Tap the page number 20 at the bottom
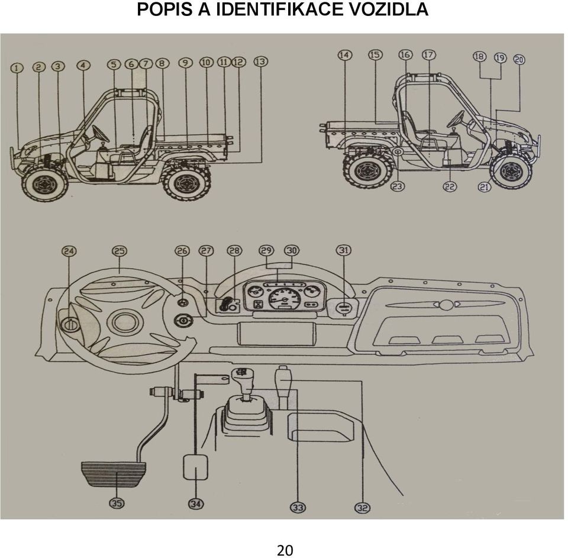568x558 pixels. [x=285, y=550]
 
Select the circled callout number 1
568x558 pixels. [x=17, y=68]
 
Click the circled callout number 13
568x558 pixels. [x=260, y=62]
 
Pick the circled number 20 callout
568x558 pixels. [x=519, y=59]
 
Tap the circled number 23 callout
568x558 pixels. [x=398, y=186]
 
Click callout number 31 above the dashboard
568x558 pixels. [x=344, y=250]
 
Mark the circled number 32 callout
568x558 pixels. [x=363, y=508]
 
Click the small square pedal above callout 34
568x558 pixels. [x=196, y=467]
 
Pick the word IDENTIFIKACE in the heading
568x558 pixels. [x=279, y=9]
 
